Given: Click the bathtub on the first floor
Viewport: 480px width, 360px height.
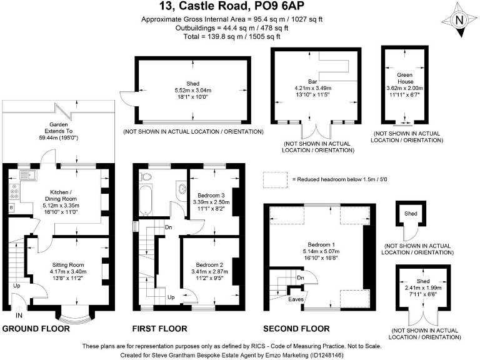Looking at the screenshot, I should coord(146,198).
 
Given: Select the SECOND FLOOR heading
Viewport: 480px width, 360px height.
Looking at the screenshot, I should coord(296,328).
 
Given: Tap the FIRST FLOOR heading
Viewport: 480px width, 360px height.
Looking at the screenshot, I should coord(159,328).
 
